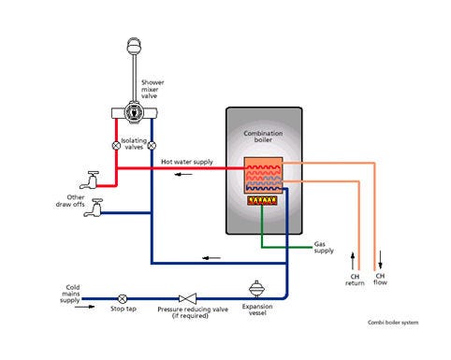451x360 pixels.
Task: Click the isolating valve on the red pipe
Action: click(116, 146)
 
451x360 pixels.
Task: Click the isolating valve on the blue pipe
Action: click(152, 146)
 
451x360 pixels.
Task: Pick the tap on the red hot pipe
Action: click(92, 178)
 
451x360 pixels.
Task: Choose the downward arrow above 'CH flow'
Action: click(380, 257)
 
